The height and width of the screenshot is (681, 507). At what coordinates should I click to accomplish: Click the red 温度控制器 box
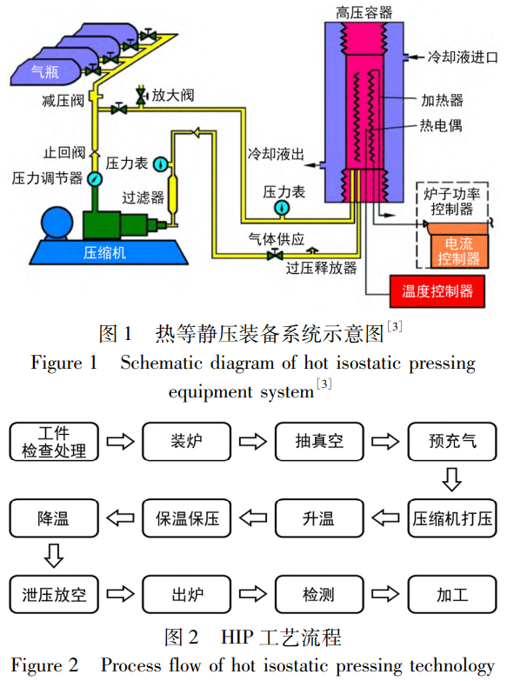[x=437, y=290]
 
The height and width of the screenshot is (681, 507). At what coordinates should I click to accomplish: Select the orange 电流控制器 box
[x=458, y=250]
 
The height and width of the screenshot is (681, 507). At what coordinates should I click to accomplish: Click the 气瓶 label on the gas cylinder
[x=44, y=73]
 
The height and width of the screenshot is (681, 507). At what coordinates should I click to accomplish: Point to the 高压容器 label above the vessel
[x=364, y=12]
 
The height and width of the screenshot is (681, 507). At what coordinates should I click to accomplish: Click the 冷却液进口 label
[x=463, y=57]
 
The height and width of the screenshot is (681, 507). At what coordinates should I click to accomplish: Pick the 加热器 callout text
[x=442, y=101]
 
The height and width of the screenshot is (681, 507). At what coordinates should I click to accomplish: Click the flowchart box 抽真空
[x=319, y=441]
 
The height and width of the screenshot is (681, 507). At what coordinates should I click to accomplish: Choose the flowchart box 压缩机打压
[x=451, y=519]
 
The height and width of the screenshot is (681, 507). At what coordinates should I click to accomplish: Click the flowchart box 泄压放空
[x=54, y=596]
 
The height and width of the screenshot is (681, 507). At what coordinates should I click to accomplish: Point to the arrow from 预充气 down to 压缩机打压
[x=451, y=480]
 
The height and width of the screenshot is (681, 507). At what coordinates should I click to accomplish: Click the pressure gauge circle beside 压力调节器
[x=94, y=177]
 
